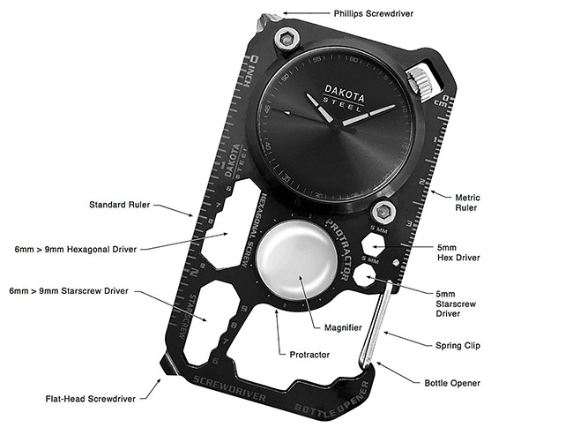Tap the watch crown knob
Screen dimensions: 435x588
425,85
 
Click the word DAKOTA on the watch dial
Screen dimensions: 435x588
343,89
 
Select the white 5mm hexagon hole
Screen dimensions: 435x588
374,244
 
